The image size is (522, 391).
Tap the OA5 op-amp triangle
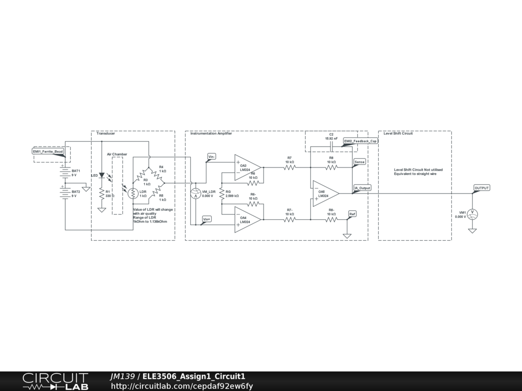click(326, 193)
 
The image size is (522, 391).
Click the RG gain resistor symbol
click(222, 193)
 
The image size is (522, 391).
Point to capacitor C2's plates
click(332, 147)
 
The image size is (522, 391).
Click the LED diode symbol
click(101, 176)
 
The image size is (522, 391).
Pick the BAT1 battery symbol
click(65, 172)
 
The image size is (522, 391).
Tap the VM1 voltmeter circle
click(473, 214)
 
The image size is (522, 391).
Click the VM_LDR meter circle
click(194, 193)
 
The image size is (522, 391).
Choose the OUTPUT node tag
click(482, 188)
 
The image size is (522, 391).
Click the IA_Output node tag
click(362, 188)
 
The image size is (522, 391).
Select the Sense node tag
click(359, 161)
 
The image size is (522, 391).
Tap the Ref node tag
click(352, 213)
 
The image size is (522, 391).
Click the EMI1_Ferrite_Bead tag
click(48, 151)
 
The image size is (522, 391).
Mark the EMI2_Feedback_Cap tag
click(360, 141)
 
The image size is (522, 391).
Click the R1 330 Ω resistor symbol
click(101, 193)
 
